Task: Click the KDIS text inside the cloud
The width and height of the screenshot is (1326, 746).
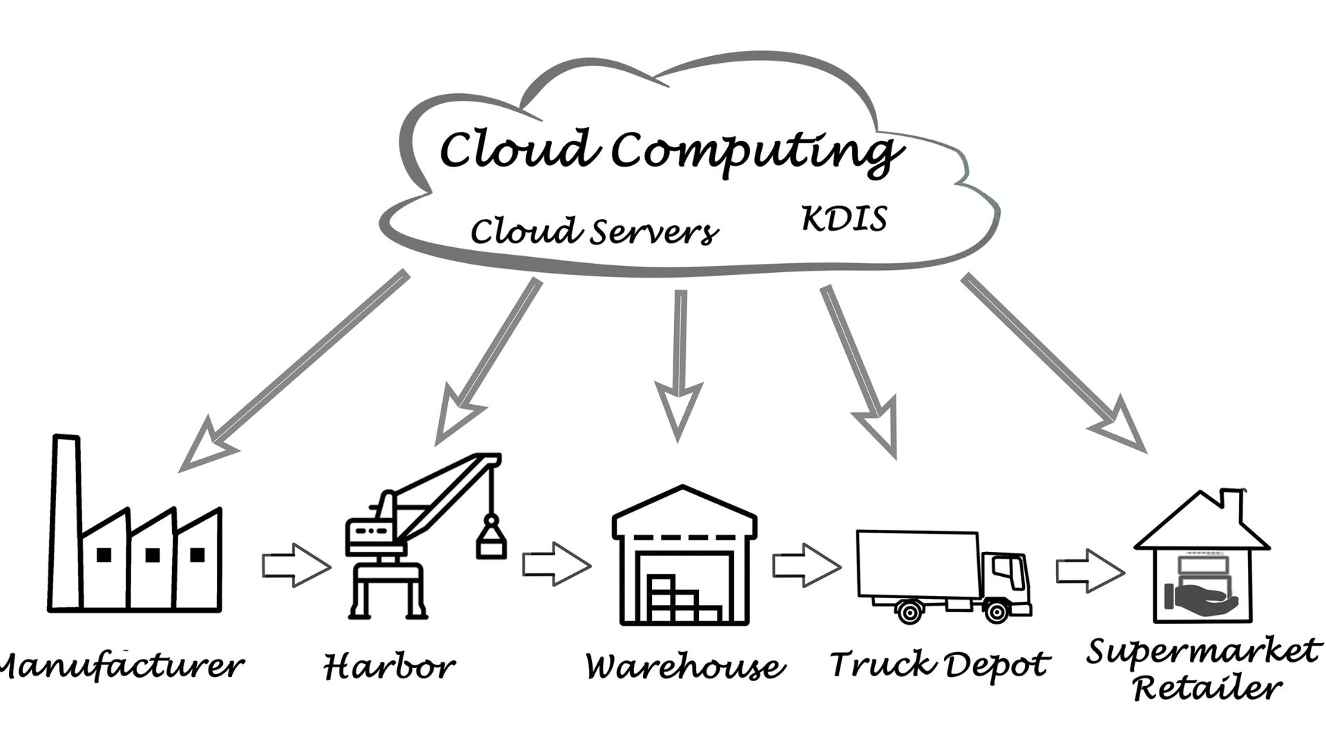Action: [844, 219]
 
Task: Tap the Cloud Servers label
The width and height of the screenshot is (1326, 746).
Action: [594, 231]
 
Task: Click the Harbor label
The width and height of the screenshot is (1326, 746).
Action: [389, 666]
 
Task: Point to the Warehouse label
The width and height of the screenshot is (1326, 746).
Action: [684, 666]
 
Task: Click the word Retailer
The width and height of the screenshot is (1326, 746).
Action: [1208, 688]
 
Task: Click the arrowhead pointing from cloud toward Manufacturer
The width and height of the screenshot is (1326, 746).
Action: [204, 446]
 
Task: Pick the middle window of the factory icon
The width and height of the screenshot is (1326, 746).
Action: [153, 555]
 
